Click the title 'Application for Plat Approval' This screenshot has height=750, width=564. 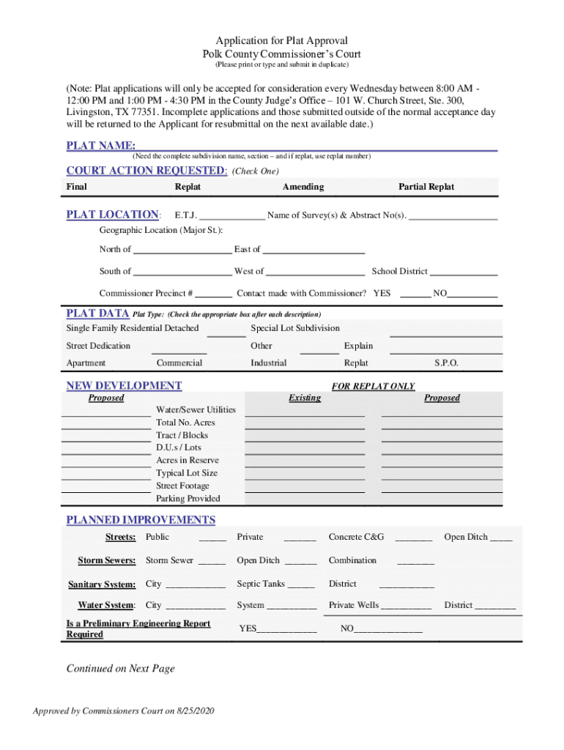coord(281,40)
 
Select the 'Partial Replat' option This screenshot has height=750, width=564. coord(426,187)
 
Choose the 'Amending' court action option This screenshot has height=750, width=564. coord(303,187)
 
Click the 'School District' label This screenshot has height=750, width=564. coord(399,271)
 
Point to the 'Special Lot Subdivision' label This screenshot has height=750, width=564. coord(295,328)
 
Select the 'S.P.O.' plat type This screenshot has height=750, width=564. coord(446,363)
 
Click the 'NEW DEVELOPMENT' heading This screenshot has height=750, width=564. coord(124,385)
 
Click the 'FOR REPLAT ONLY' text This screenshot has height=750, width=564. coord(373,386)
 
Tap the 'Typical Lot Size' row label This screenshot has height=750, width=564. coord(186,473)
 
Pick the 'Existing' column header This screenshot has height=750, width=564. coord(305,398)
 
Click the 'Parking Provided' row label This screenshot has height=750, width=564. coord(188,499)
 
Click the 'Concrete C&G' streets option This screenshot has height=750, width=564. coord(356,537)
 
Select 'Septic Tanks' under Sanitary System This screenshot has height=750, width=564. coord(261,584)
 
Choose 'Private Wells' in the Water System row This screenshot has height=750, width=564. coord(354,605)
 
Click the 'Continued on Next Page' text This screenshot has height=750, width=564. coord(121,668)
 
